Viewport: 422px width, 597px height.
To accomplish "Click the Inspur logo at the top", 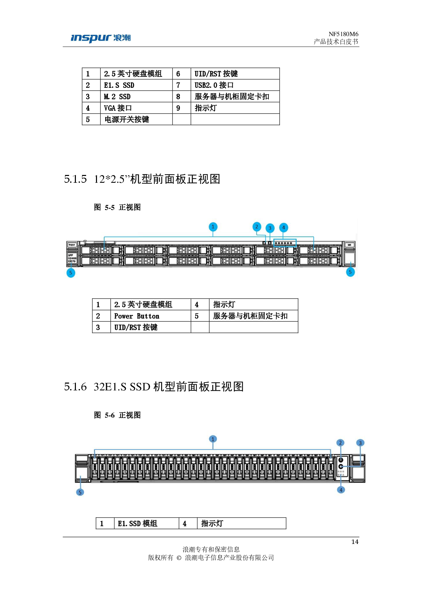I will coord(100,38).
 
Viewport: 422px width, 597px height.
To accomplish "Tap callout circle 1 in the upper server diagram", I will coord(213,227).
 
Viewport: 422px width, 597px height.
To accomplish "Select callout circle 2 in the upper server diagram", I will coord(257,227).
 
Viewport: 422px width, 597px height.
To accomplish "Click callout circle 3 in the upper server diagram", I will coord(270,228).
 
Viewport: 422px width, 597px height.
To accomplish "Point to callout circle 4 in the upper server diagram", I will coord(283,227).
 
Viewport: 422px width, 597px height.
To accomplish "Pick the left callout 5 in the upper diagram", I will coord(71,273).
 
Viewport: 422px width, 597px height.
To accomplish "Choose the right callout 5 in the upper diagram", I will coord(350,272).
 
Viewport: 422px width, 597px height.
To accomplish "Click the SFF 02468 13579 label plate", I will coord(72,258).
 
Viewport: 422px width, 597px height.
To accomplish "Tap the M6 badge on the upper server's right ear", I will coord(350,245).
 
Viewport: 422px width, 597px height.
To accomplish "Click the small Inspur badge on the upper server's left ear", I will coord(72,245).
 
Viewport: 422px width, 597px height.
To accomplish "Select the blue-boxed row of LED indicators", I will coord(285,243).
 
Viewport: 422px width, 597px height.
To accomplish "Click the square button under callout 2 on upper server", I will coord(264,243).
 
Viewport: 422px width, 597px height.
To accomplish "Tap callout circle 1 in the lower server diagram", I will coord(213,439).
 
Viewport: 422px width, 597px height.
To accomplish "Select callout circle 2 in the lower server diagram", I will coord(340,442).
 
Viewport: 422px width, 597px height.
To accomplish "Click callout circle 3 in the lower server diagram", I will coord(360,443).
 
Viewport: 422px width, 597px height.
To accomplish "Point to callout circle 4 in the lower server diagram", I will coord(341,490).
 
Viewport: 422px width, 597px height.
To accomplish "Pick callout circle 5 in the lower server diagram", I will coord(80,492).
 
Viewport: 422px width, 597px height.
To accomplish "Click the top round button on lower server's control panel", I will coord(341,460).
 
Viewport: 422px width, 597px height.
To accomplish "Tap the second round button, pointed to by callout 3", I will coord(341,467).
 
